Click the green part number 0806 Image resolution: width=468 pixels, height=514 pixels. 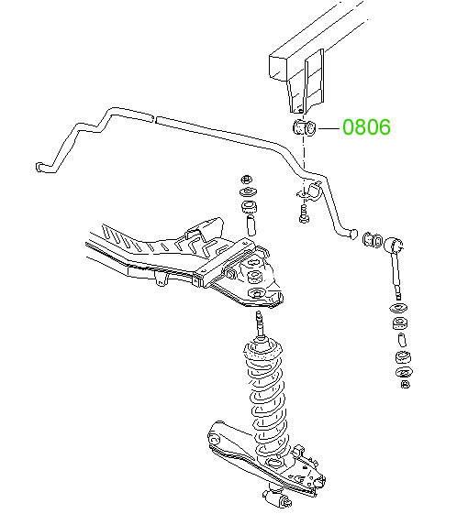(x=367, y=126)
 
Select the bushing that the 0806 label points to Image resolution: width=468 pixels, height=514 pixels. (x=304, y=127)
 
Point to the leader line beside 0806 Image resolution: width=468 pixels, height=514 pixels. (x=329, y=128)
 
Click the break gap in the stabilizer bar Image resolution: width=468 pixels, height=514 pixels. (x=155, y=119)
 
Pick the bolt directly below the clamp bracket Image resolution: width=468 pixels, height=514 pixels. (x=305, y=213)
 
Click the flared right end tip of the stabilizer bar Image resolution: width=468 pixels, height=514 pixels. (x=352, y=234)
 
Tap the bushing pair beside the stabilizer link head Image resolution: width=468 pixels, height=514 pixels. (x=373, y=240)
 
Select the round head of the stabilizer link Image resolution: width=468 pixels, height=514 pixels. (x=394, y=244)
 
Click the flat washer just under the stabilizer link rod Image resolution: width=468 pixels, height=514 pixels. (x=399, y=308)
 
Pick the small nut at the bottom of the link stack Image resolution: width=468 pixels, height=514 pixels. (x=406, y=384)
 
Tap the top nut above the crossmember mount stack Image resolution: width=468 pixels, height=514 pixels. (x=246, y=180)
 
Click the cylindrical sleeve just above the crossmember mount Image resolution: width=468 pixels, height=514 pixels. (x=251, y=225)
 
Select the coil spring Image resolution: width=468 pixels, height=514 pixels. (x=267, y=399)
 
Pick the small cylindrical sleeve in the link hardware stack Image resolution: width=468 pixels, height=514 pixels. (x=402, y=340)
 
